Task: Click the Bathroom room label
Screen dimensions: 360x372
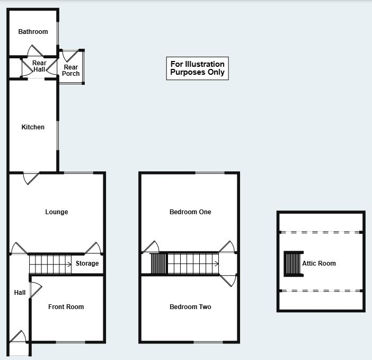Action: tap(33, 32)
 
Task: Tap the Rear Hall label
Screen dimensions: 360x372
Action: tap(39, 66)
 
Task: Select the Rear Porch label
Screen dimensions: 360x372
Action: tap(70, 71)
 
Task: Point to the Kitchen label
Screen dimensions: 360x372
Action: tap(33, 127)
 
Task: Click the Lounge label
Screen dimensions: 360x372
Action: tap(56, 212)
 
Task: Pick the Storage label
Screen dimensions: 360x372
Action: tap(87, 264)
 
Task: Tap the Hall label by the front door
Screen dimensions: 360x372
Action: tap(20, 293)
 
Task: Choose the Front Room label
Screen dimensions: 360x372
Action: tap(66, 307)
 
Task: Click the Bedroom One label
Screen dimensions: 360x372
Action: tap(190, 212)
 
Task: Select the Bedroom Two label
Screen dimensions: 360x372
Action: tap(190, 307)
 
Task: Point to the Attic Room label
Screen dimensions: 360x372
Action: tap(319, 264)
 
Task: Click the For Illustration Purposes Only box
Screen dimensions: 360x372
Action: tap(197, 68)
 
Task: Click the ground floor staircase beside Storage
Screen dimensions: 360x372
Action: tap(50, 264)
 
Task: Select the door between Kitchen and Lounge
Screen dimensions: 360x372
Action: tap(31, 178)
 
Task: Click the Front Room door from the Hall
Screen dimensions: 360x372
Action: tap(36, 289)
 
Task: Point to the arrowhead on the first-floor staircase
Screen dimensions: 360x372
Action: tap(217, 264)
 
